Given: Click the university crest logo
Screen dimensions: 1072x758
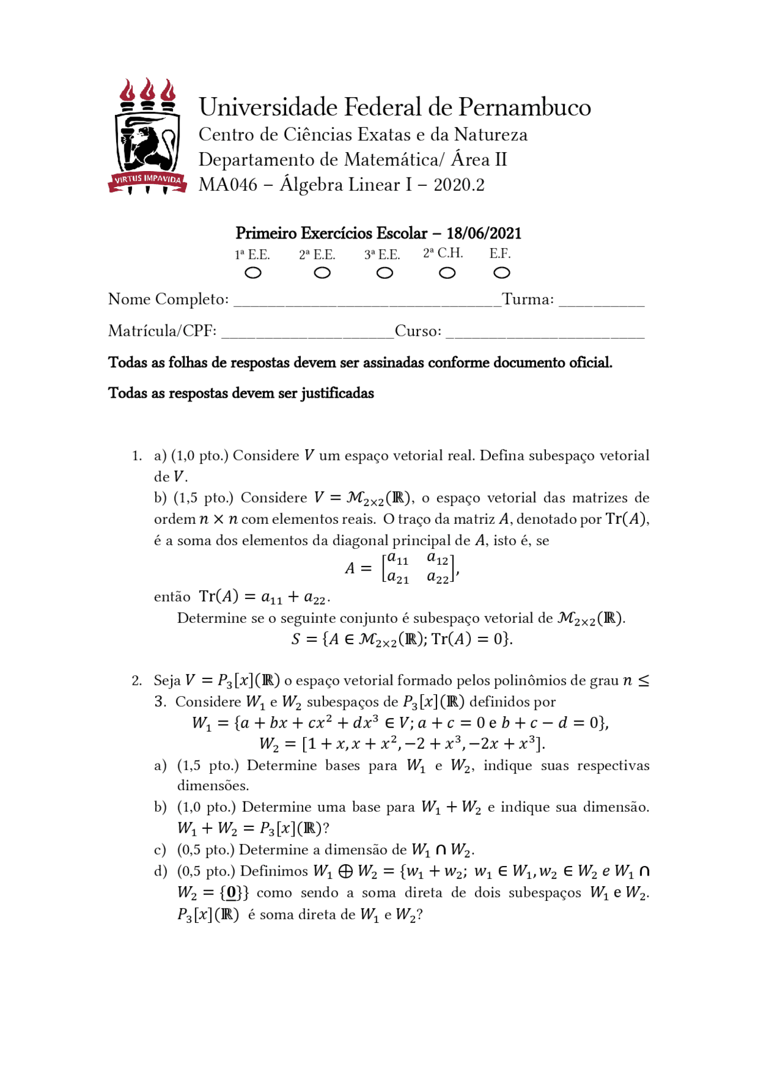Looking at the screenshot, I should click(147, 137).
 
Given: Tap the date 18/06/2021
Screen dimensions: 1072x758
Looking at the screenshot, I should click(484, 233).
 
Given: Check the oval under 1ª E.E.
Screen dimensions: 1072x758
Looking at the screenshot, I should click(253, 273).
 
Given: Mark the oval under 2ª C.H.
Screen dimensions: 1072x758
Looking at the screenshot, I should click(447, 273).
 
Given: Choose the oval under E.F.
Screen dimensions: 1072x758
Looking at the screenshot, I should click(502, 273).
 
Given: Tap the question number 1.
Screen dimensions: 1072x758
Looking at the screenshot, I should click(136, 456).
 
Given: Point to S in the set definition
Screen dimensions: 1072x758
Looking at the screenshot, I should click(296, 639).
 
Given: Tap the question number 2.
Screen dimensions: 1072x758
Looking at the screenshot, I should click(136, 681).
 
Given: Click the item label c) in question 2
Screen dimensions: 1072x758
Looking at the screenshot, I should click(160, 850).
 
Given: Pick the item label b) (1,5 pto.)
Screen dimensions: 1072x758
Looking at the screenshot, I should click(160, 498).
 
